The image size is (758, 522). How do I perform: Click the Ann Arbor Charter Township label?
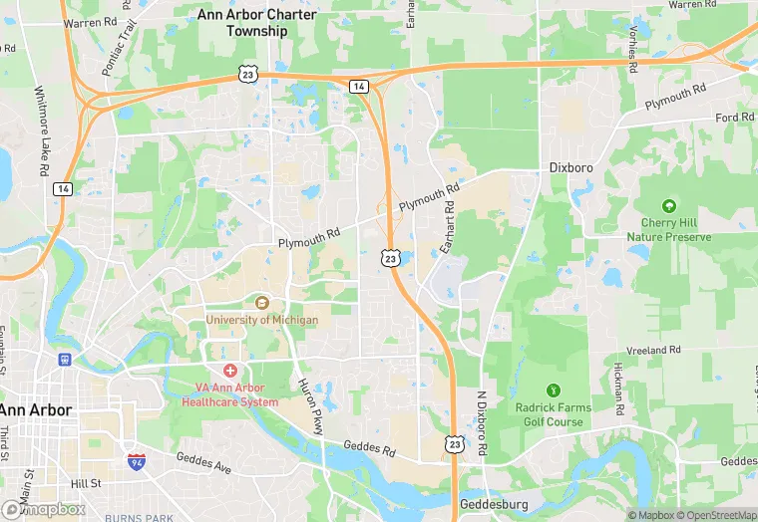point(257,23)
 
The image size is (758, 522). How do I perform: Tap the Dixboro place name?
point(571,168)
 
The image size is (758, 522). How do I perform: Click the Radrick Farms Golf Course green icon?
point(555,389)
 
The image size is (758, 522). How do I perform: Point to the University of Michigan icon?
point(262,302)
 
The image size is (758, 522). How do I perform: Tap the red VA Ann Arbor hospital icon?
point(229,370)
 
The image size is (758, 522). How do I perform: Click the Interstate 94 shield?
point(136,462)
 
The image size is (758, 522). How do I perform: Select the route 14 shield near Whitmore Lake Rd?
point(63,189)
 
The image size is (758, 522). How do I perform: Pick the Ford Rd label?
point(734,118)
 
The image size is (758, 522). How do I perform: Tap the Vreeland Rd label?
point(653,351)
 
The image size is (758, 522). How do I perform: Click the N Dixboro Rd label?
point(481,424)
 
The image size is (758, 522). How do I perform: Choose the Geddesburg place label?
point(494,505)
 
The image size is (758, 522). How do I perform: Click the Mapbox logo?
point(44,509)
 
